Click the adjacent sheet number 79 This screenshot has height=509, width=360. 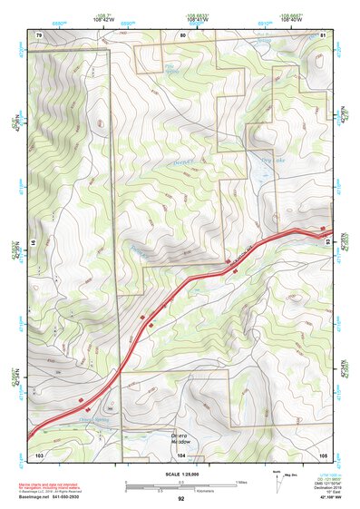click(39, 34)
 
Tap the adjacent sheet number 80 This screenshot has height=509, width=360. click(181, 34)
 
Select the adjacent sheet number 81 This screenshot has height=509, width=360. click(322, 34)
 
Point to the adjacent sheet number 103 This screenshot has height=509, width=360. click(39, 454)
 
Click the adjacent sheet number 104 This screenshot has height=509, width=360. click(181, 454)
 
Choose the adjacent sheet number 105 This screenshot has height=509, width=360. click(322, 454)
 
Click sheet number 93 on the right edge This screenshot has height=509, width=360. click(328, 243)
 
